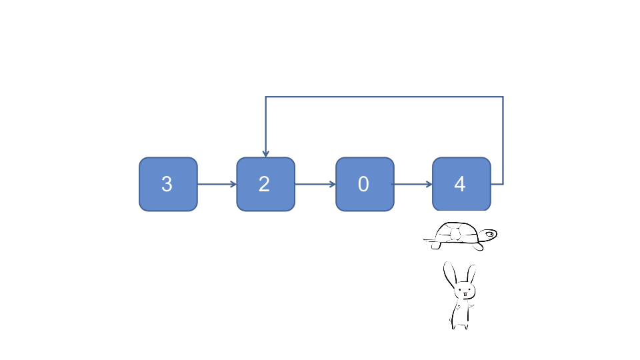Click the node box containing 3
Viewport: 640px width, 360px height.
[x=168, y=184]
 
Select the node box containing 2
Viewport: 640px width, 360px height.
[x=265, y=184]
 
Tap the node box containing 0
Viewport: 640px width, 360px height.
[x=364, y=184]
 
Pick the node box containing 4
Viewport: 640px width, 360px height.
[x=461, y=184]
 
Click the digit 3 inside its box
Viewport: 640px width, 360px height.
[x=167, y=185]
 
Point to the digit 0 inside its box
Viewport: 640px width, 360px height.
[x=363, y=185]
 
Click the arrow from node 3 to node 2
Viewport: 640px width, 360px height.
[x=217, y=184]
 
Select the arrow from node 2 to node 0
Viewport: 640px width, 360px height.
[x=315, y=184]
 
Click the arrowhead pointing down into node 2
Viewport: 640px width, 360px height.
[x=266, y=153]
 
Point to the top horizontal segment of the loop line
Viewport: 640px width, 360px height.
[x=384, y=97]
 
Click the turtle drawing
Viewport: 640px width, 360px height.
[x=460, y=236]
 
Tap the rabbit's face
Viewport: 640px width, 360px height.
[x=463, y=291]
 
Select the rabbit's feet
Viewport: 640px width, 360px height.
[x=459, y=325]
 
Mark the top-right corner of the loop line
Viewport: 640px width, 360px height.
[x=503, y=97]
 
